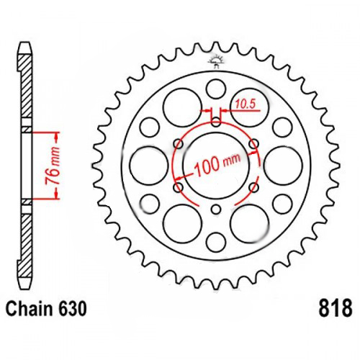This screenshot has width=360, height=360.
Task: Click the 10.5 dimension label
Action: click(245, 104)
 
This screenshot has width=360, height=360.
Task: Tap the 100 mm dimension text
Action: click(217, 165)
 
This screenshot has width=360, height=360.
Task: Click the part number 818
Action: click(336, 308)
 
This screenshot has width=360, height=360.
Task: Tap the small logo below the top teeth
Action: click(216, 61)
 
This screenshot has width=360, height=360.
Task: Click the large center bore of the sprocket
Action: click(216, 166)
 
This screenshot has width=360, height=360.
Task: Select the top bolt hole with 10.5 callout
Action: click(216, 122)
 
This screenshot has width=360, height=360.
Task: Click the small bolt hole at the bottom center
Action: click(216, 210)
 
